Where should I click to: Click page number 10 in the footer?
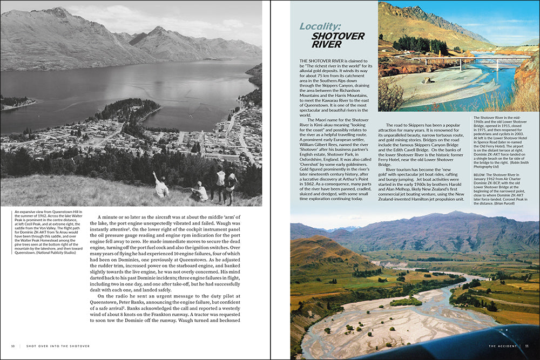pyautogui.click(x=13, y=346)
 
